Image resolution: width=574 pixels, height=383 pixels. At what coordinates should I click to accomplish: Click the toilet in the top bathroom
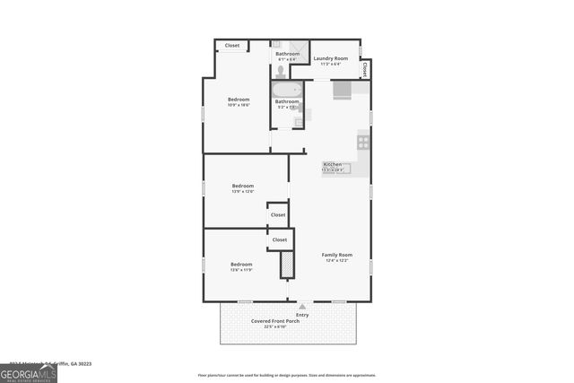[x=281, y=71]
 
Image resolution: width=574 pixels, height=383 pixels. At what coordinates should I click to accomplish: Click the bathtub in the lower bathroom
[x=287, y=90]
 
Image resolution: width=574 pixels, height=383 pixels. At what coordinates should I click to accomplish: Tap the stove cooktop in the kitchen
[x=363, y=140]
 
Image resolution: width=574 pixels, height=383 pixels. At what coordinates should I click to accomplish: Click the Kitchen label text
[x=332, y=164]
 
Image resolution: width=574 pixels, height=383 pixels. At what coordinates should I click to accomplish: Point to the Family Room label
[x=337, y=255]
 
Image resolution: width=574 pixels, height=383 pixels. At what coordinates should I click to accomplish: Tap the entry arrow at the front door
[x=302, y=307]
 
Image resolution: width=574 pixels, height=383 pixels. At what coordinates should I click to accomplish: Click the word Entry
[x=302, y=315]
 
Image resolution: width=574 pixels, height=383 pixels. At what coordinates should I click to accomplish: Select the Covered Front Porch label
[x=275, y=321]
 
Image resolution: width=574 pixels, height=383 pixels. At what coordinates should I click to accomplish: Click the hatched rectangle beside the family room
[x=287, y=265]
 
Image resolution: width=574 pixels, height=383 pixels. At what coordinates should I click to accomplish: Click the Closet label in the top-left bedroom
[x=232, y=46]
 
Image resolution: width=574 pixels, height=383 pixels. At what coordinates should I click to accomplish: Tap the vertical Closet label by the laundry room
[x=364, y=68]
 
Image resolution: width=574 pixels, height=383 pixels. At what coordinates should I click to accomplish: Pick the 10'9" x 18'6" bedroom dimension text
[x=238, y=105]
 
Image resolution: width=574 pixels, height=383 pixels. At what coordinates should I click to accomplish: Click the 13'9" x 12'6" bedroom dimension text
[x=242, y=191]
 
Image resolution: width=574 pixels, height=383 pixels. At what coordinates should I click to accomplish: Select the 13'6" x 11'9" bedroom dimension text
[x=241, y=270]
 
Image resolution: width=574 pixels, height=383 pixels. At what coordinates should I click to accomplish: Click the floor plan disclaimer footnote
[x=287, y=375]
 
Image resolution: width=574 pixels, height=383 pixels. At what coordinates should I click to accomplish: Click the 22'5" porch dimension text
[x=275, y=326]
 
